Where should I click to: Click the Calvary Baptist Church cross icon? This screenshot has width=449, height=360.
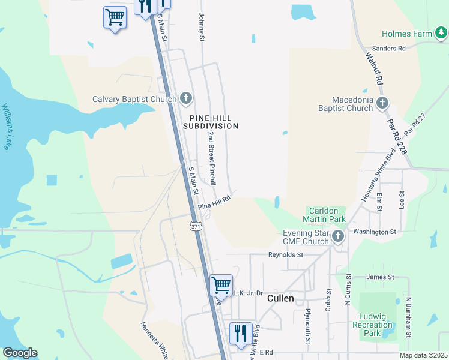[186, 98]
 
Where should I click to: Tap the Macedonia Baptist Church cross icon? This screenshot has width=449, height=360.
[382, 104]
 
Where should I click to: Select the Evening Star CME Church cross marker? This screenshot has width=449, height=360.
[338, 236]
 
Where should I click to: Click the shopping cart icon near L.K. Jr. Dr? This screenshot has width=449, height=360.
[221, 284]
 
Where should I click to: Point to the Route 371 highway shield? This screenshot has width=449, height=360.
[196, 227]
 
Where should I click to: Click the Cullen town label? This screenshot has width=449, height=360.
[280, 298]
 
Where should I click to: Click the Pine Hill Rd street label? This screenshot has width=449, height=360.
[214, 202]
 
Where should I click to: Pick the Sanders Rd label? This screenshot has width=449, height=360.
[389, 48]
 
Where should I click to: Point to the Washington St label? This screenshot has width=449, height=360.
[375, 231]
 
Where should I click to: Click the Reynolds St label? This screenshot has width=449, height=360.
[285, 254]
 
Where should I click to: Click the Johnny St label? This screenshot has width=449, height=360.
[202, 28]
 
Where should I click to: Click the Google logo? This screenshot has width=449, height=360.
[20, 353]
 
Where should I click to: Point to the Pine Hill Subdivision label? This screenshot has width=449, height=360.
[214, 122]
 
